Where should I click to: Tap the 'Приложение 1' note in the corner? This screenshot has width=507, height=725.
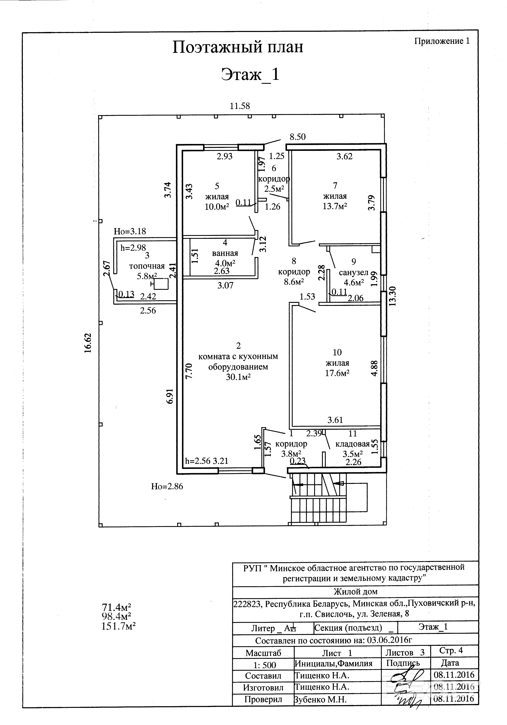[x=442, y=41]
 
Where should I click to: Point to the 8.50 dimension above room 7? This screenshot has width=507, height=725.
[x=298, y=137]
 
